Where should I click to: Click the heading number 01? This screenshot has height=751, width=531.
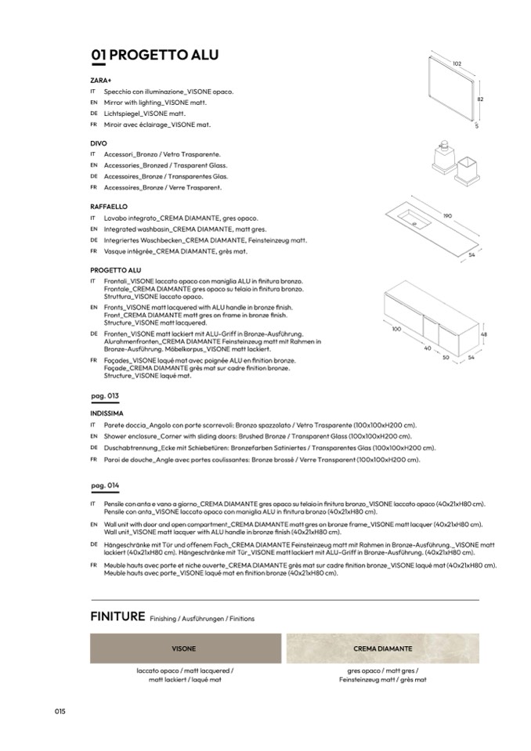tap(98, 55)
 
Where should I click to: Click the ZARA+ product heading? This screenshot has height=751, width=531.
tap(101, 80)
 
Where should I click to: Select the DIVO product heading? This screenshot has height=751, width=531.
tap(99, 143)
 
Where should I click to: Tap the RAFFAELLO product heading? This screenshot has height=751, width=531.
tap(109, 206)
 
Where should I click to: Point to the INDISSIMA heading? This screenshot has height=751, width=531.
tap(107, 412)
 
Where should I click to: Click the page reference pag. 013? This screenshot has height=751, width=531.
tap(105, 396)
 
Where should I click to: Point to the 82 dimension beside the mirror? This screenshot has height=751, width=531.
tap(481, 99)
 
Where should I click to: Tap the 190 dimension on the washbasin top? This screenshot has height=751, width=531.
tap(448, 216)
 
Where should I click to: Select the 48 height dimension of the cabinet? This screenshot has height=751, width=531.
tap(484, 334)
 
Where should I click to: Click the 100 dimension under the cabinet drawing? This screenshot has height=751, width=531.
tap(396, 329)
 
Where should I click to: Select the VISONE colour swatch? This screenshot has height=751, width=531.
tap(184, 649)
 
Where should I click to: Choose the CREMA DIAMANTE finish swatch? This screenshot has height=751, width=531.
tap(383, 649)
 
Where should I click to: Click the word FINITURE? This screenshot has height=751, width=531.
tap(117, 616)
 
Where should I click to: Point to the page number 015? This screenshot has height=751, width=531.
tap(60, 710)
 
